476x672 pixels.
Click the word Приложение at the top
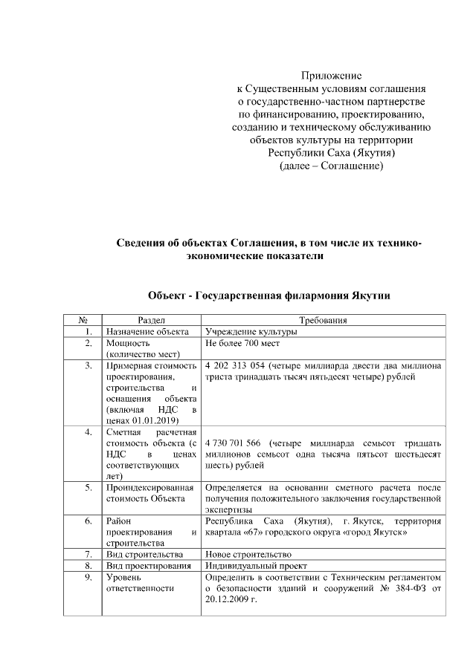click(x=331, y=75)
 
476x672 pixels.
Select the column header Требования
click(x=324, y=320)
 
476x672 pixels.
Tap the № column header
click(x=85, y=320)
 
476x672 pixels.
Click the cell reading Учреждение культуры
click(x=251, y=332)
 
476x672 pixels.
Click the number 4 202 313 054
click(x=237, y=365)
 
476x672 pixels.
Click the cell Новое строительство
click(x=248, y=554)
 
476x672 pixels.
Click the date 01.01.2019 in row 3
click(x=166, y=420)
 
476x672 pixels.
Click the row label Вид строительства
click(x=141, y=554)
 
